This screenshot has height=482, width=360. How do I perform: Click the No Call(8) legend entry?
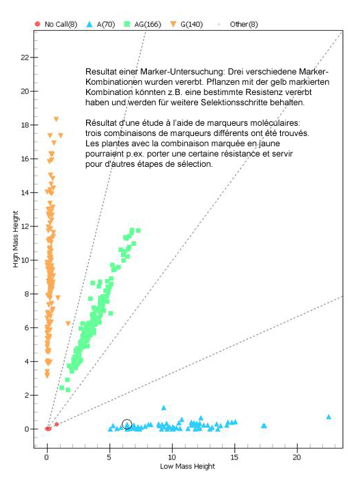pyautogui.click(x=56, y=24)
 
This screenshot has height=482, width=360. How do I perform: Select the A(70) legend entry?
pyautogui.click(x=100, y=24)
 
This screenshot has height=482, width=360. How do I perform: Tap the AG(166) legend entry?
pyautogui.click(x=143, y=24)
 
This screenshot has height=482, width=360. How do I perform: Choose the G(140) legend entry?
pyautogui.click(x=186, y=24)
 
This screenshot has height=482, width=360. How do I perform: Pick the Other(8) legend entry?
pyautogui.click(x=238, y=24)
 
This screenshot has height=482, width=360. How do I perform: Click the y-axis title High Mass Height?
pyautogui.click(x=16, y=239)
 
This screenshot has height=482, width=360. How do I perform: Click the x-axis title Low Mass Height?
pyautogui.click(x=187, y=466)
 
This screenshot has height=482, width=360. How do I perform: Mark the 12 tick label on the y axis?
pyautogui.click(x=25, y=226)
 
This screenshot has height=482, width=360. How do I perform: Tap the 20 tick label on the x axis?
pyautogui.click(x=297, y=457)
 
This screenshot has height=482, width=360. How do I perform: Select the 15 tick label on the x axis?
pyautogui.click(x=234, y=457)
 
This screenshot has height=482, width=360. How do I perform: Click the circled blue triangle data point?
pyautogui.click(x=127, y=425)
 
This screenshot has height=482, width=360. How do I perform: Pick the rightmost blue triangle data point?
pyautogui.click(x=329, y=417)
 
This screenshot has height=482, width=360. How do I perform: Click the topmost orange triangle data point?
pyautogui.click(x=56, y=119)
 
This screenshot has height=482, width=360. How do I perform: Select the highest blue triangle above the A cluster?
pyautogui.click(x=164, y=408)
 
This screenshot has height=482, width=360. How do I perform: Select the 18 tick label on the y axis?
pyautogui.click(x=25, y=125)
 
